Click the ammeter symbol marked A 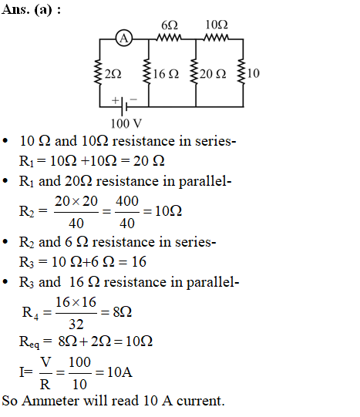click(x=124, y=39)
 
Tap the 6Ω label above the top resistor click(x=170, y=25)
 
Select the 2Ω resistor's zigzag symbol click(x=99, y=72)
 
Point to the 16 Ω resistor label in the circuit click(x=166, y=74)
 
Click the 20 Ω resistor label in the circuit click(x=213, y=74)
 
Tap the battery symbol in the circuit click(x=124, y=106)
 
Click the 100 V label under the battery click(x=126, y=123)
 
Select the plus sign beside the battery click(x=115, y=100)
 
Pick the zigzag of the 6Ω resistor click(x=169, y=38)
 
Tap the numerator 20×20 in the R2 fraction click(x=76, y=201)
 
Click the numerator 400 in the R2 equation click(x=127, y=201)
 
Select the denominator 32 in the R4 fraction click(x=76, y=325)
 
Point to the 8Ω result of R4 click(x=123, y=311)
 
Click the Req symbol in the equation click(x=29, y=341)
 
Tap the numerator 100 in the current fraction click(x=79, y=362)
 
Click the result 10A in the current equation click(x=119, y=372)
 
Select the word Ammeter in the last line click(x=51, y=401)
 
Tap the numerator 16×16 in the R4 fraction click(x=76, y=302)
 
